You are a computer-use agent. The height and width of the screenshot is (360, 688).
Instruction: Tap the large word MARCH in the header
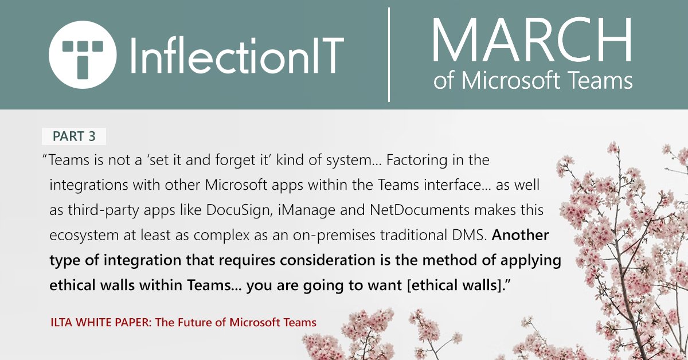[532, 41]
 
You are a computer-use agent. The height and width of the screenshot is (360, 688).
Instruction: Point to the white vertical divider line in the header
[389, 54]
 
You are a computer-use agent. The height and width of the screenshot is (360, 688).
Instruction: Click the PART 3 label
[74, 136]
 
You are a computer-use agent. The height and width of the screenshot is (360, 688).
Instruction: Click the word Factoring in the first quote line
[412, 160]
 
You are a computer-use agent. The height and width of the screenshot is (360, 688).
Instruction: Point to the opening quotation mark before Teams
[45, 158]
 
